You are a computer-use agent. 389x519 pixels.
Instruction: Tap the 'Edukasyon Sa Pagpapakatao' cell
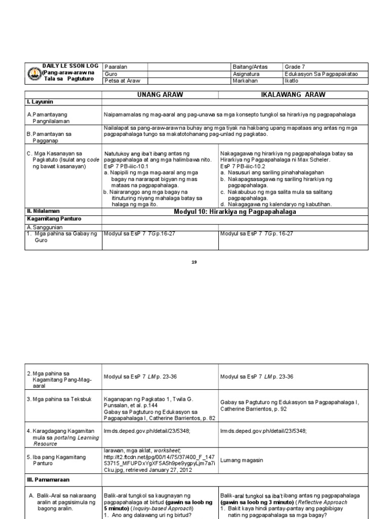coord(321,73)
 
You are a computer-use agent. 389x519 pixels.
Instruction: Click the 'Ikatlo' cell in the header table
coord(292,81)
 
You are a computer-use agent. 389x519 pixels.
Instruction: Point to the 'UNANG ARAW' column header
coord(160,95)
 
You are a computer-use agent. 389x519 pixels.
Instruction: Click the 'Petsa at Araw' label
coord(119,81)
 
